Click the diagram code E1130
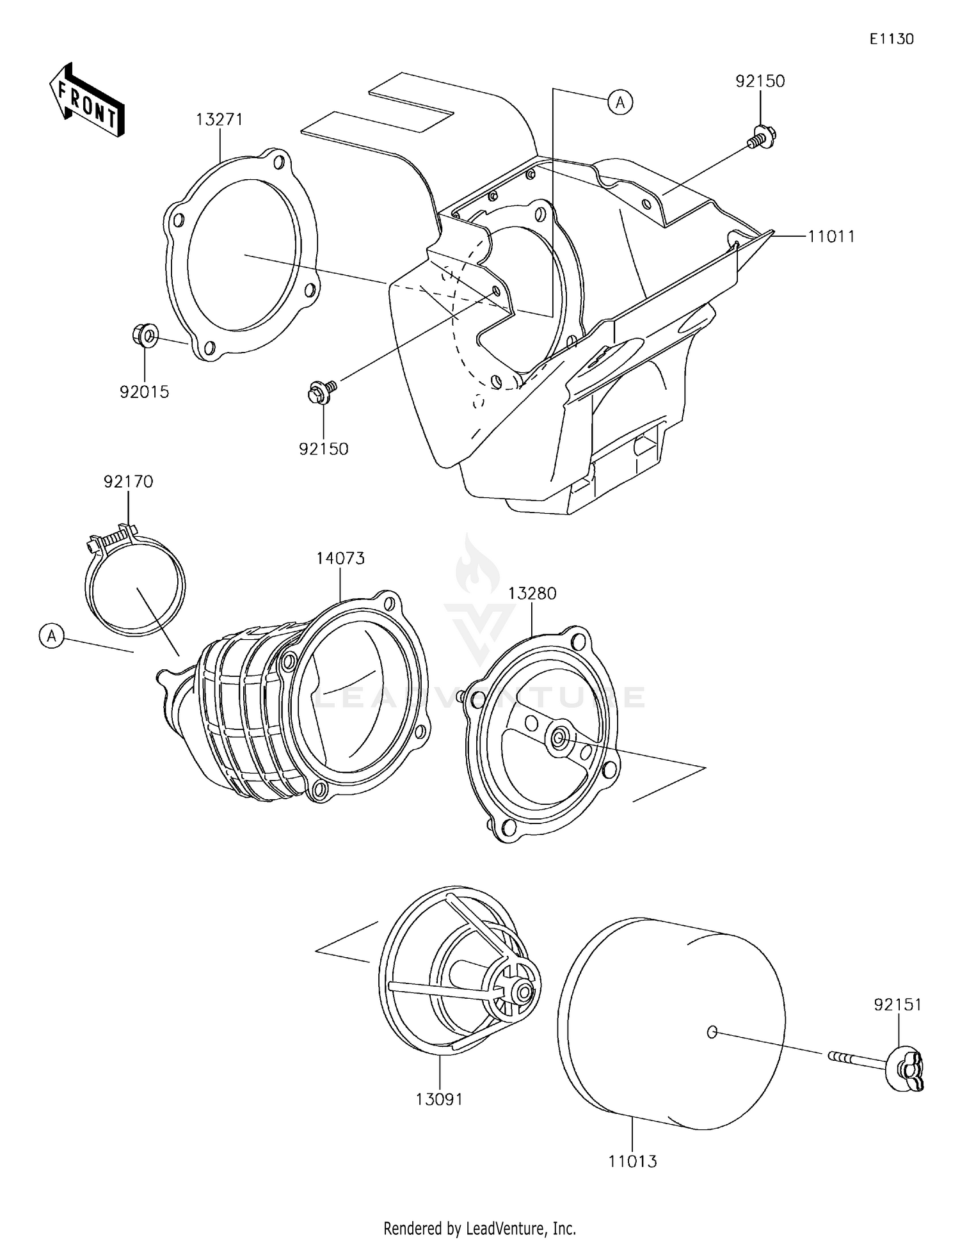click(891, 39)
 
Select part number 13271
click(219, 120)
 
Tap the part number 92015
click(145, 392)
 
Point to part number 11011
click(831, 236)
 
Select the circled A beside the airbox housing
click(620, 102)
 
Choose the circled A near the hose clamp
click(52, 636)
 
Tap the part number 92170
click(129, 481)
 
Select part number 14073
click(340, 558)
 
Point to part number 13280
click(532, 593)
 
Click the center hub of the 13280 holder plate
click(559, 738)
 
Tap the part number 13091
click(439, 1099)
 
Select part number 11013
click(632, 1161)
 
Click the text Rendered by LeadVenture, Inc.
click(479, 1228)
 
